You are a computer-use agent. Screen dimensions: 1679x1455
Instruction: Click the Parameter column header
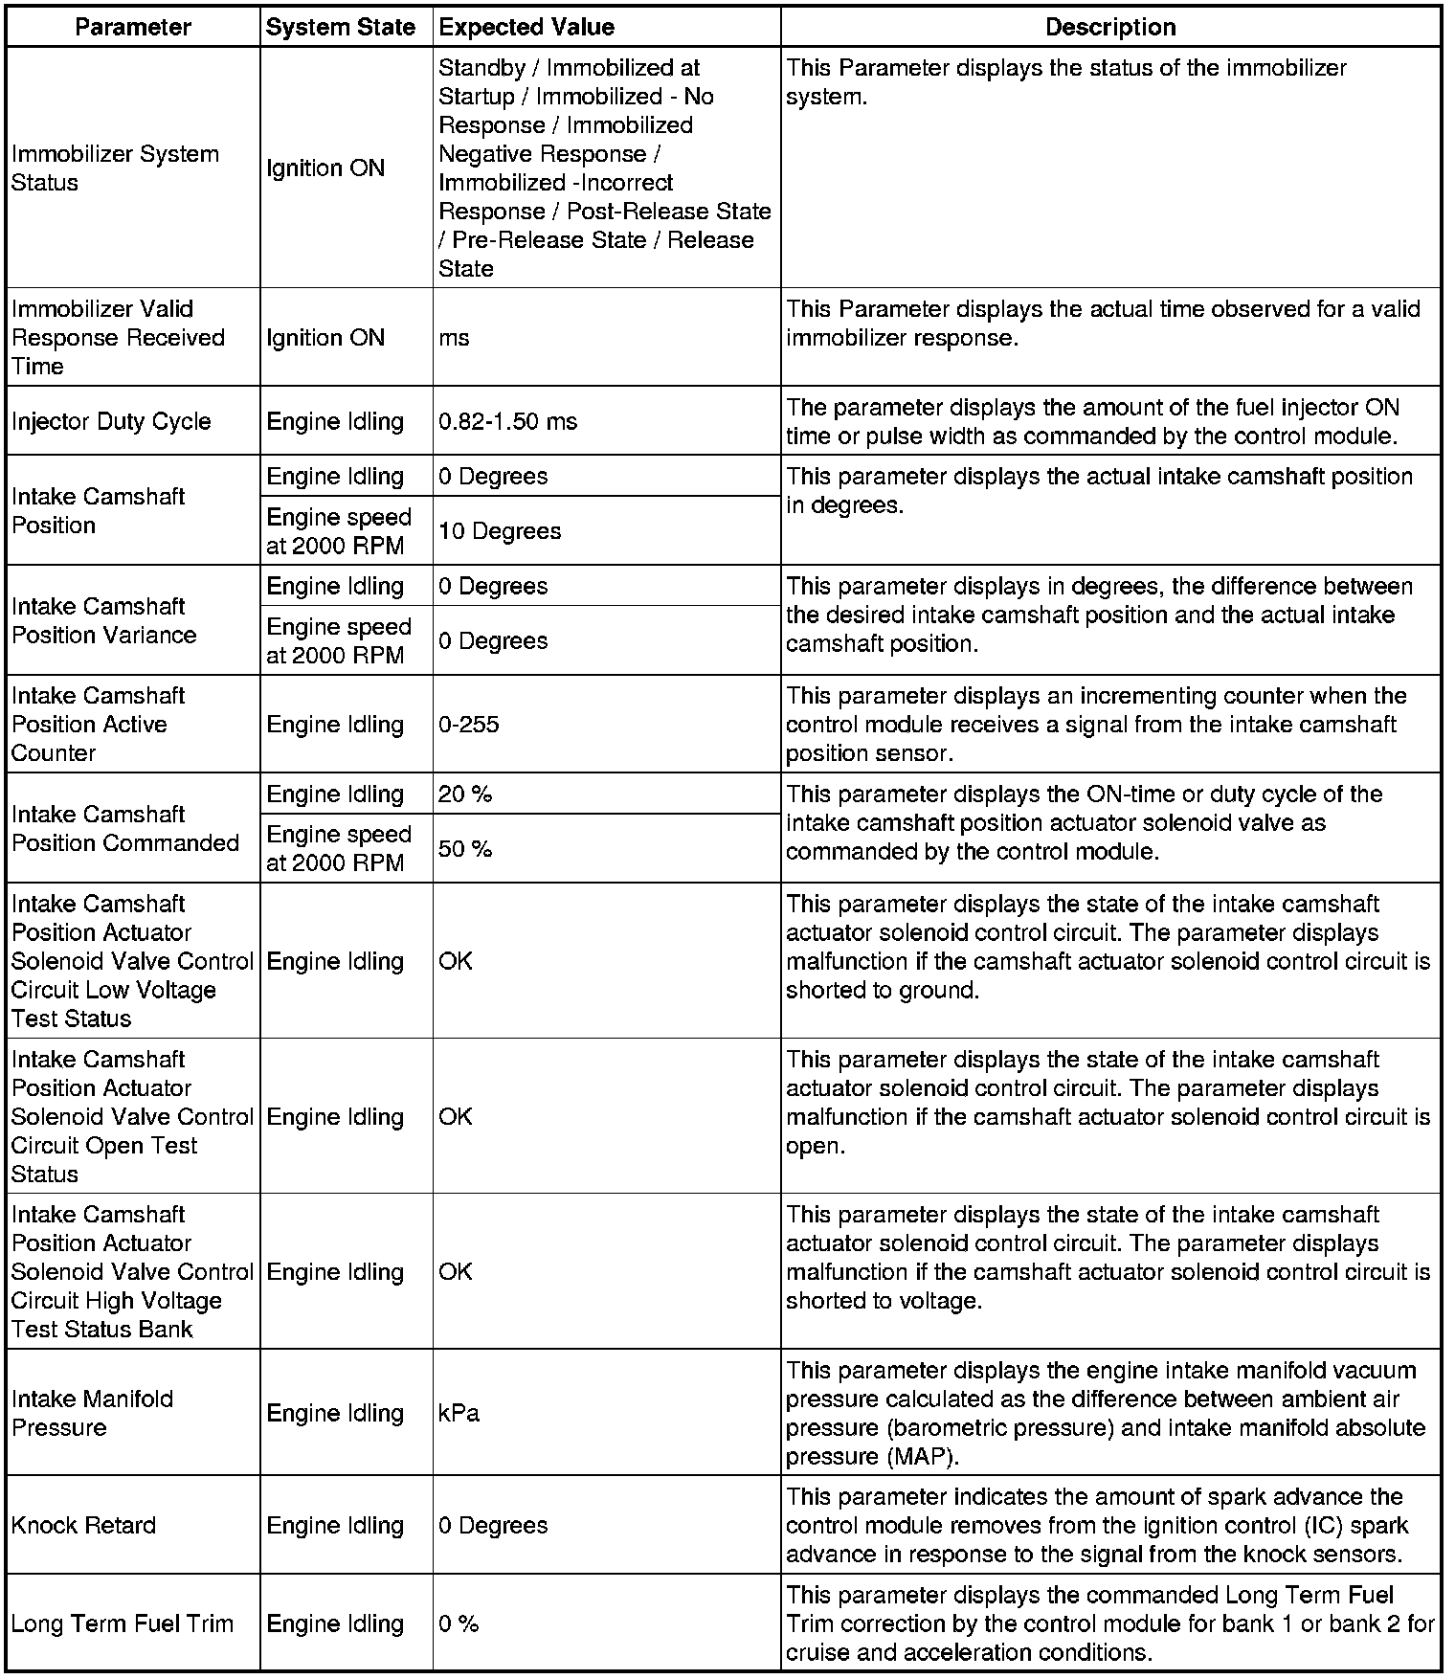pos(133,27)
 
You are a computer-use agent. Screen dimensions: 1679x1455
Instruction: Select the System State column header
pos(341,27)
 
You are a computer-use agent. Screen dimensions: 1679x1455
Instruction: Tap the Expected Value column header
pos(526,27)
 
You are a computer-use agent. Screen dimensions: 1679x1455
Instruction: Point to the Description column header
pos(1110,27)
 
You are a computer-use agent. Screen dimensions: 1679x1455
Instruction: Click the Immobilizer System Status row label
pos(115,168)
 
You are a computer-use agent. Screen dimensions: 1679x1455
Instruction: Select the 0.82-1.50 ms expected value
pos(507,422)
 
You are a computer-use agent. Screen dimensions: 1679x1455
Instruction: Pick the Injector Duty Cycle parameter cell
pos(111,422)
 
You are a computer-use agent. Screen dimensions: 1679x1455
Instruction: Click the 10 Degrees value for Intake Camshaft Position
pos(500,531)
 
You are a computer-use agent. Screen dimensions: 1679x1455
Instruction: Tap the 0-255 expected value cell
pos(469,725)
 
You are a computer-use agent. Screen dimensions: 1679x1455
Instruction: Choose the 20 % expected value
pos(465,794)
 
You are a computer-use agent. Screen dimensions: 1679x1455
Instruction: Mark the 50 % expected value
pos(465,849)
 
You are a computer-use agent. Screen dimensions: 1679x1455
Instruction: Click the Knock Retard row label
pos(83,1525)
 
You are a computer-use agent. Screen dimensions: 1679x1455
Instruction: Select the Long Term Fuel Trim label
pos(123,1623)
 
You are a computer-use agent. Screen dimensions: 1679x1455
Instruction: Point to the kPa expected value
pos(459,1414)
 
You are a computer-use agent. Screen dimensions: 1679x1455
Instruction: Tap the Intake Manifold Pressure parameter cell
pos(93,1414)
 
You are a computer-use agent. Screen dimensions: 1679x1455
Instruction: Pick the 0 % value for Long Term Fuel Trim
pos(459,1623)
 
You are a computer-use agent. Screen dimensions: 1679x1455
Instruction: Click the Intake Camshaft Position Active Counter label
pos(98,725)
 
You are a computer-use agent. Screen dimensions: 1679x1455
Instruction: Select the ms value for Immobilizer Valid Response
pos(454,338)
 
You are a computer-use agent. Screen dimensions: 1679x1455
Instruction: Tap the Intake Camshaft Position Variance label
pos(103,621)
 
